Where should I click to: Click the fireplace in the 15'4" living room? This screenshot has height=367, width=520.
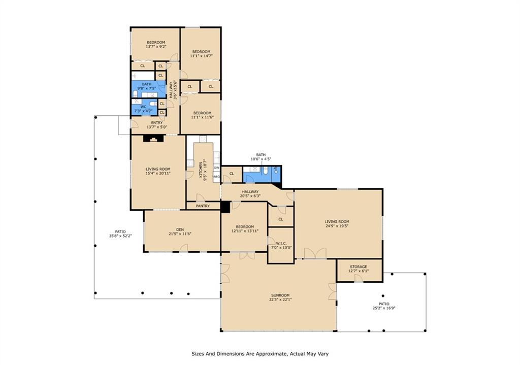153,138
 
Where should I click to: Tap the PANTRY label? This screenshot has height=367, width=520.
203,206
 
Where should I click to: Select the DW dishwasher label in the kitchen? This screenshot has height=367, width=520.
216,168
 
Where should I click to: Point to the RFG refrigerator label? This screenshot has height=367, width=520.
216,177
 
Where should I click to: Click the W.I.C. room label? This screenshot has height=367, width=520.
281,243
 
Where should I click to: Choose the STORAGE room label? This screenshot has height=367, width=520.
359,267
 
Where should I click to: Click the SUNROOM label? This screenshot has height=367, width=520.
280,295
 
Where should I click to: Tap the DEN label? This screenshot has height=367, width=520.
180,229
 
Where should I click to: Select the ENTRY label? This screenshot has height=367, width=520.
157,123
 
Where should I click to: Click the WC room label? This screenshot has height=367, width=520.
143,107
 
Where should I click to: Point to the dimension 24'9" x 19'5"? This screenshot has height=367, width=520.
337,226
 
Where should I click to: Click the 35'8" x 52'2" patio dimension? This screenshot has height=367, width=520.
121,236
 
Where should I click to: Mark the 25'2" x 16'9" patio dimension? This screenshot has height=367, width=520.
384,308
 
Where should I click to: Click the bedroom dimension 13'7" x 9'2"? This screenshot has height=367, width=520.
156,46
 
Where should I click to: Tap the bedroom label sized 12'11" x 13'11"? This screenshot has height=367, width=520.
245,227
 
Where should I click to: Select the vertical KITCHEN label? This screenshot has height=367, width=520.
201,171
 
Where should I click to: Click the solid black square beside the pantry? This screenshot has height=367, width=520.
225,207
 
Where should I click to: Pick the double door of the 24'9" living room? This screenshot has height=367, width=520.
315,253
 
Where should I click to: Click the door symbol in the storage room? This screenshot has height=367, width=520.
359,278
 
